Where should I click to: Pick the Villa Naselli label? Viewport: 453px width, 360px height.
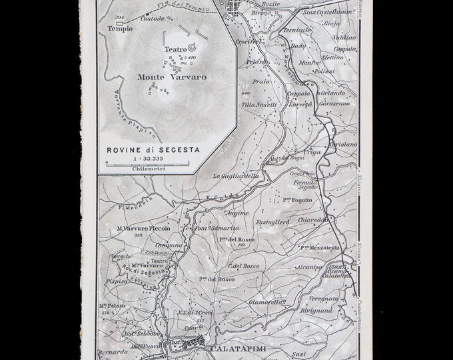coord(259,105)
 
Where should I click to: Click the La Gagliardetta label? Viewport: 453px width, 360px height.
coord(236,176)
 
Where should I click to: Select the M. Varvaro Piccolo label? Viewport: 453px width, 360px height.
coord(143,228)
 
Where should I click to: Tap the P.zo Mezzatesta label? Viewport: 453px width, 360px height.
coord(320,247)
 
